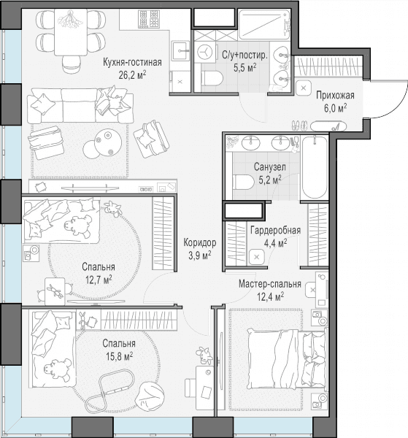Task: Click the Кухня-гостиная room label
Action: (x=132, y=62)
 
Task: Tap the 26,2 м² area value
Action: (x=132, y=75)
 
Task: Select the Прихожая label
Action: (x=335, y=95)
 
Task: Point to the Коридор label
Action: (x=200, y=242)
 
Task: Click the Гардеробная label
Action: (x=275, y=231)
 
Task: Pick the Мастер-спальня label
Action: (x=270, y=284)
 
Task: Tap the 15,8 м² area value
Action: (x=119, y=356)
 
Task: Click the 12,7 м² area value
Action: (x=99, y=280)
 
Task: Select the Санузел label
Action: (x=270, y=167)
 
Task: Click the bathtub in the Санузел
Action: (x=314, y=167)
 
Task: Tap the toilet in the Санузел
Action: (x=243, y=182)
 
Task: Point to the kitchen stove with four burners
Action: (x=150, y=18)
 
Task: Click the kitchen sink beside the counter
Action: (x=180, y=50)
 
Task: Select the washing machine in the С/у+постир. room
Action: (x=206, y=52)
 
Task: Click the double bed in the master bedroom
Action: (x=287, y=359)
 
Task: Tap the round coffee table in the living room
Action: (x=108, y=142)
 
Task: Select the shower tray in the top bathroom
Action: (x=264, y=24)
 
